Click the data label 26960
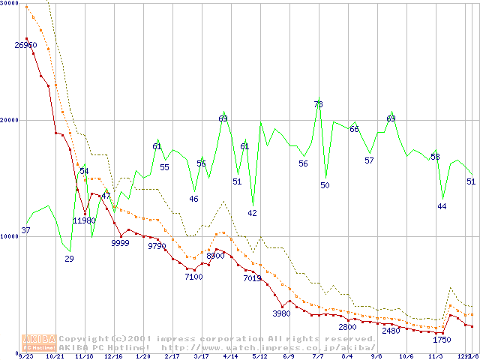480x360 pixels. tap(25, 45)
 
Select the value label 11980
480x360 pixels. tap(85, 220)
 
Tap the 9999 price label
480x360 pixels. tap(120, 243)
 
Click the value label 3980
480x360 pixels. tap(281, 313)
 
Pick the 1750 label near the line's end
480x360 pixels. tap(442, 340)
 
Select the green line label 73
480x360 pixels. tap(318, 104)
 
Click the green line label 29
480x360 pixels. tap(69, 259)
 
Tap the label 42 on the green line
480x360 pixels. tap(252, 213)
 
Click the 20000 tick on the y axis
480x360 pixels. tap(10, 120)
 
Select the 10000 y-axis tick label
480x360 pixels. tap(10, 236)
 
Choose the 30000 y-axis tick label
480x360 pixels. tap(10, 4)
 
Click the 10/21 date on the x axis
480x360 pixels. tap(55, 357)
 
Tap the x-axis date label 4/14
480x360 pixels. tap(231, 357)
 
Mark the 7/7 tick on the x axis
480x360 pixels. tap(318, 357)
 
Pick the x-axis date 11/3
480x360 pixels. tap(436, 357)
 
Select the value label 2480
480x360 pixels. tap(391, 331)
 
